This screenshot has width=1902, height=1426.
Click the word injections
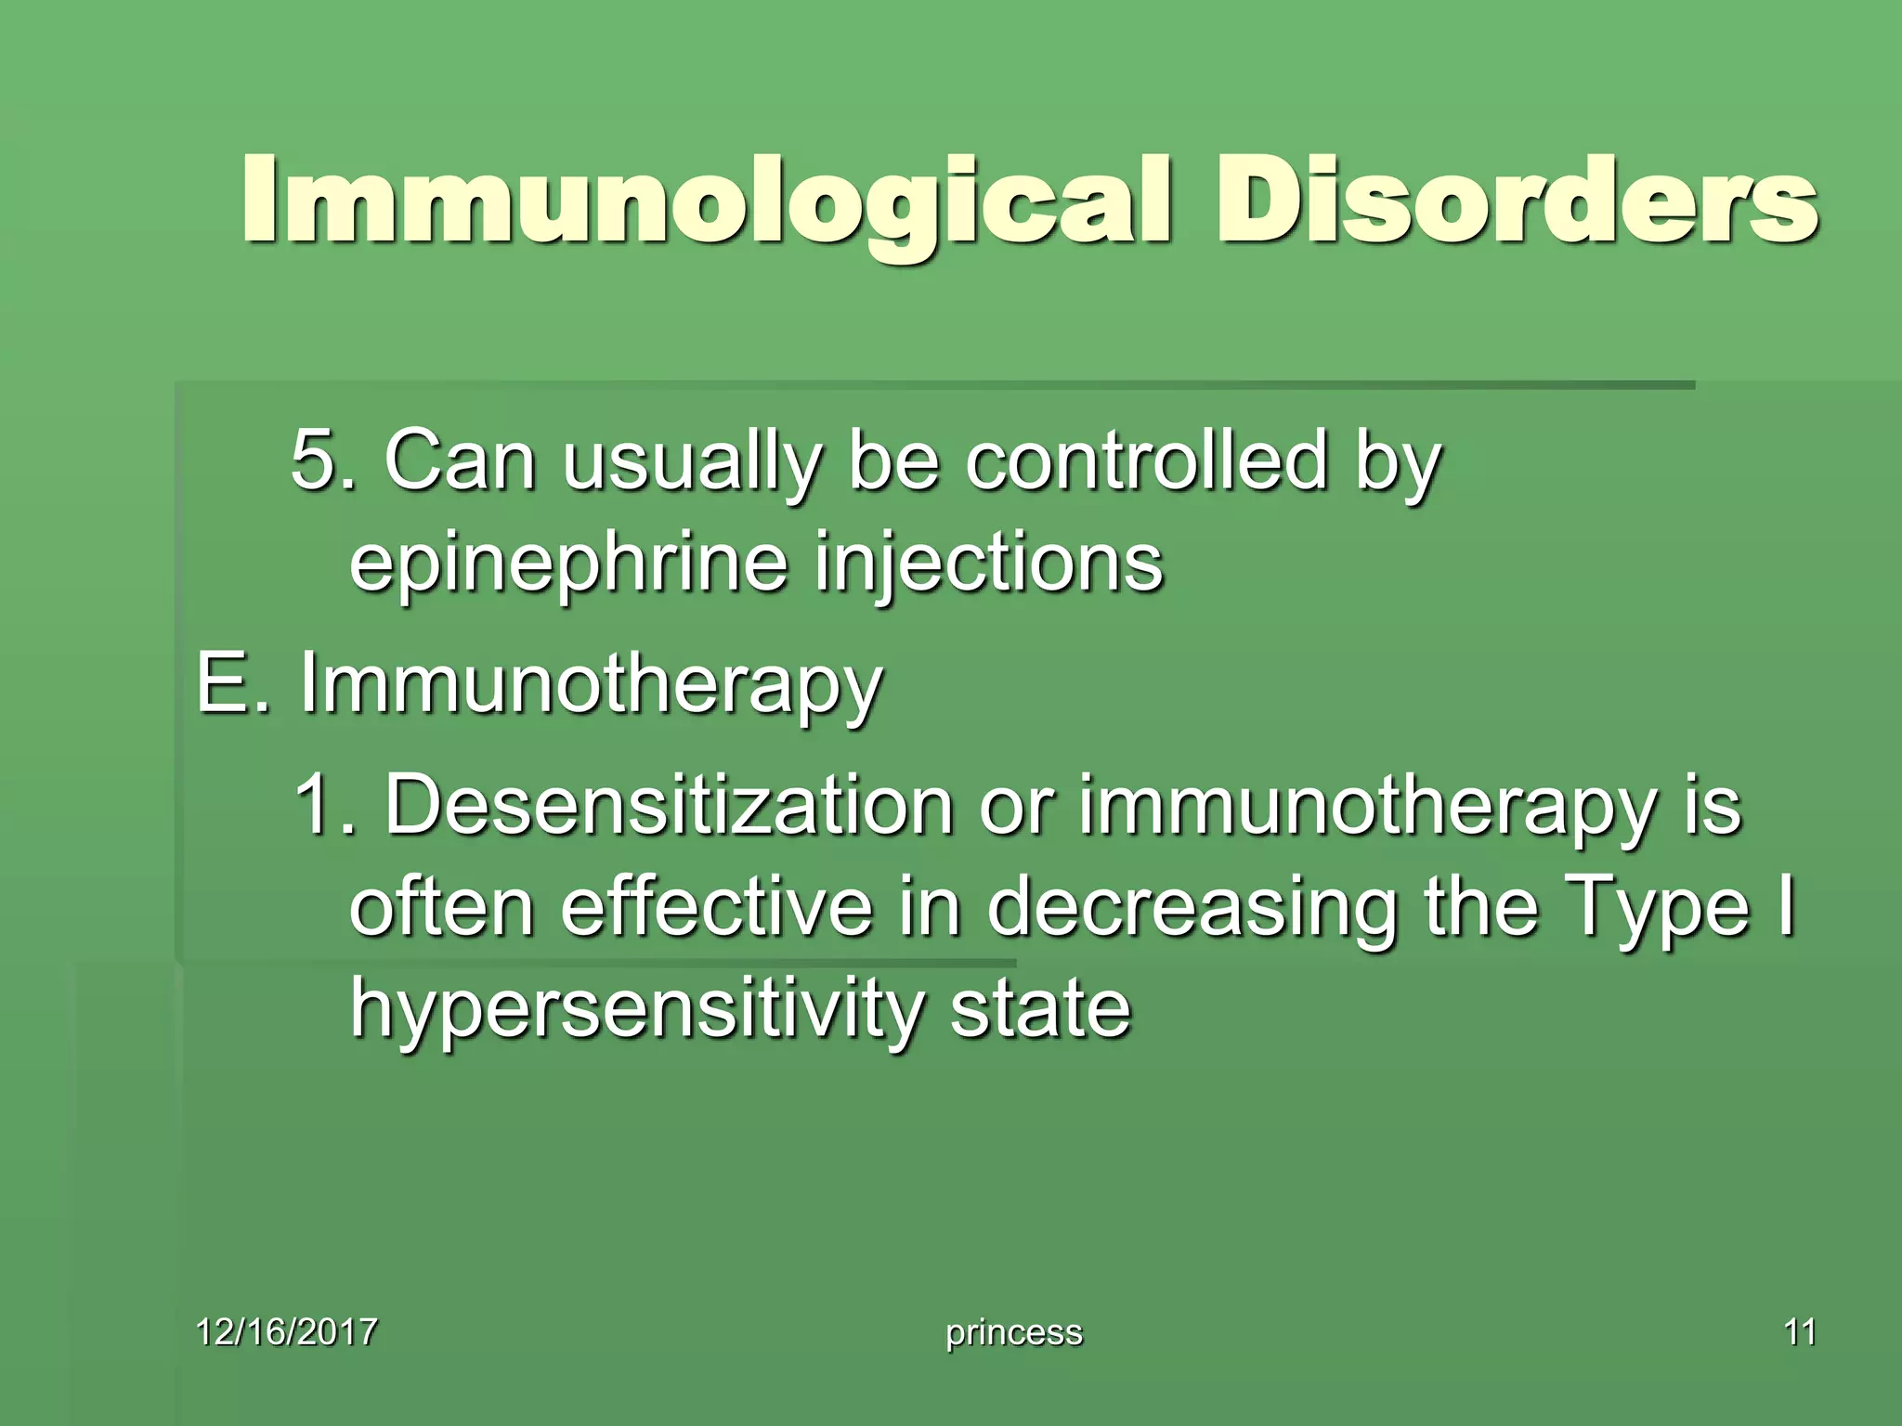pos(988,563)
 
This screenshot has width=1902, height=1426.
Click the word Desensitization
pos(669,804)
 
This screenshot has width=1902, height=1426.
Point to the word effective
pos(716,906)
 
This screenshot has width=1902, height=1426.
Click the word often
pos(442,906)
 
